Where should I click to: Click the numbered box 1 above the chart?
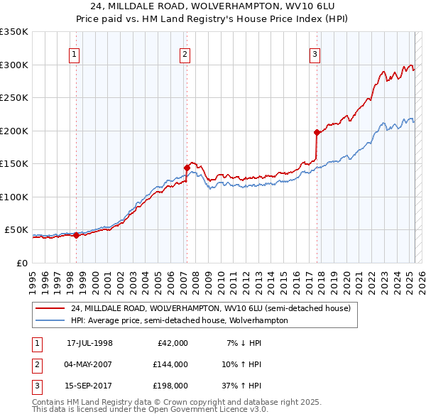pyautogui.click(x=75, y=54)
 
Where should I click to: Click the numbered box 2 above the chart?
pyautogui.click(x=185, y=54)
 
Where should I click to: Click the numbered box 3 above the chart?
pyautogui.click(x=315, y=54)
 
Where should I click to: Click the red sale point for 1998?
pyautogui.click(x=76, y=235)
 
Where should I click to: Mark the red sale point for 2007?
pyautogui.click(x=187, y=168)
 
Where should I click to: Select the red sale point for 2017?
pyautogui.click(x=317, y=132)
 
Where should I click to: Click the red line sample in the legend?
pyautogui.click(x=50, y=309)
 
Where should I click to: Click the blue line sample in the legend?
pyautogui.click(x=50, y=320)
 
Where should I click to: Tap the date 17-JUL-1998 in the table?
pyautogui.click(x=89, y=343)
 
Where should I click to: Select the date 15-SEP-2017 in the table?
pyautogui.click(x=89, y=387)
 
